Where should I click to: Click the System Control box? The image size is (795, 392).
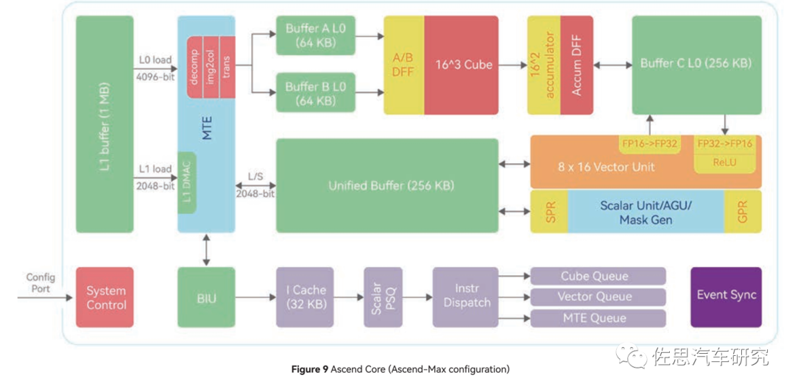click(x=105, y=297)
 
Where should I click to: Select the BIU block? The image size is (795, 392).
click(x=206, y=297)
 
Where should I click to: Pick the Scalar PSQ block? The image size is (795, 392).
click(x=383, y=297)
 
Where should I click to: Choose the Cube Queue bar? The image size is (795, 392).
click(x=598, y=277)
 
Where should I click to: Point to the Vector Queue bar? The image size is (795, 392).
click(x=598, y=297)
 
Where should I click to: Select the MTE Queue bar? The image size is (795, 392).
click(x=598, y=318)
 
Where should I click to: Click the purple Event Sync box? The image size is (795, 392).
click(x=726, y=296)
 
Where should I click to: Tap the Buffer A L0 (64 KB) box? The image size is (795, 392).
click(x=316, y=35)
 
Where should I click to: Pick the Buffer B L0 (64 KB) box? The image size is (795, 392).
click(x=316, y=93)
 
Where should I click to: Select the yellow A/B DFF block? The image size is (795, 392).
click(x=403, y=65)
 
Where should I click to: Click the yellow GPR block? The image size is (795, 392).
click(x=743, y=211)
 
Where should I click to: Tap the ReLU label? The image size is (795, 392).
click(x=724, y=163)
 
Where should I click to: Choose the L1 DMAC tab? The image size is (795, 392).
click(x=187, y=183)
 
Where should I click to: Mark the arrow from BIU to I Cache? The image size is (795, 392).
click(x=255, y=297)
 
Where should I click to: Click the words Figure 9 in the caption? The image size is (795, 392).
click(x=310, y=369)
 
